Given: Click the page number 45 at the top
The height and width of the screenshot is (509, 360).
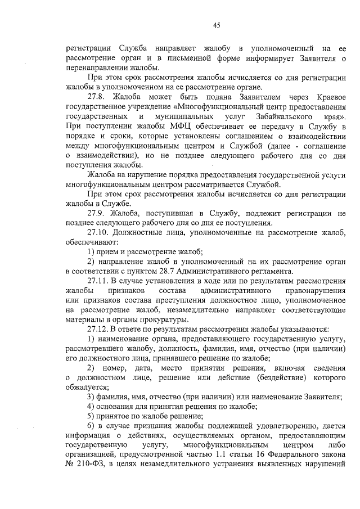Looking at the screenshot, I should point(217,24).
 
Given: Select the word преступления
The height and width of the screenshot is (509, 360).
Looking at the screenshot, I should point(180,300).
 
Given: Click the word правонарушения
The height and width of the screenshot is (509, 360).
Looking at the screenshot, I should point(312,290).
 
